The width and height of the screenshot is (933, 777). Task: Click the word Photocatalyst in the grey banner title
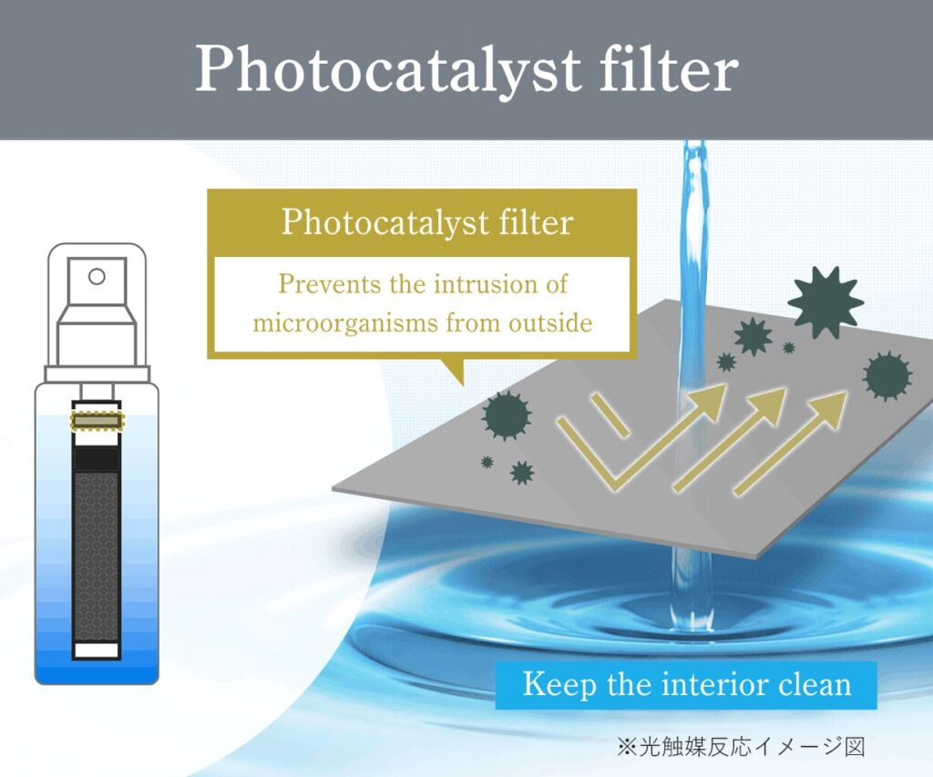click(387, 70)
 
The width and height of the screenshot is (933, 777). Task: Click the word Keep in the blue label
click(559, 685)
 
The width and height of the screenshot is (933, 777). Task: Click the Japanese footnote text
click(740, 747)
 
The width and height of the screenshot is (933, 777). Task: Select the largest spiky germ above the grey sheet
click(825, 302)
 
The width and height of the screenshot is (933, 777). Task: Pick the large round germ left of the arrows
click(507, 415)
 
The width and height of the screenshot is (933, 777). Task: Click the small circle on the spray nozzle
click(97, 276)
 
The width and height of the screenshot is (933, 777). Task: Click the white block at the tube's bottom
click(97, 649)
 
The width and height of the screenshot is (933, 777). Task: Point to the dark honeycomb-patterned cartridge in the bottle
click(97, 557)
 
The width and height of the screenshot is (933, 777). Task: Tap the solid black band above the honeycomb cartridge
click(97, 459)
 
